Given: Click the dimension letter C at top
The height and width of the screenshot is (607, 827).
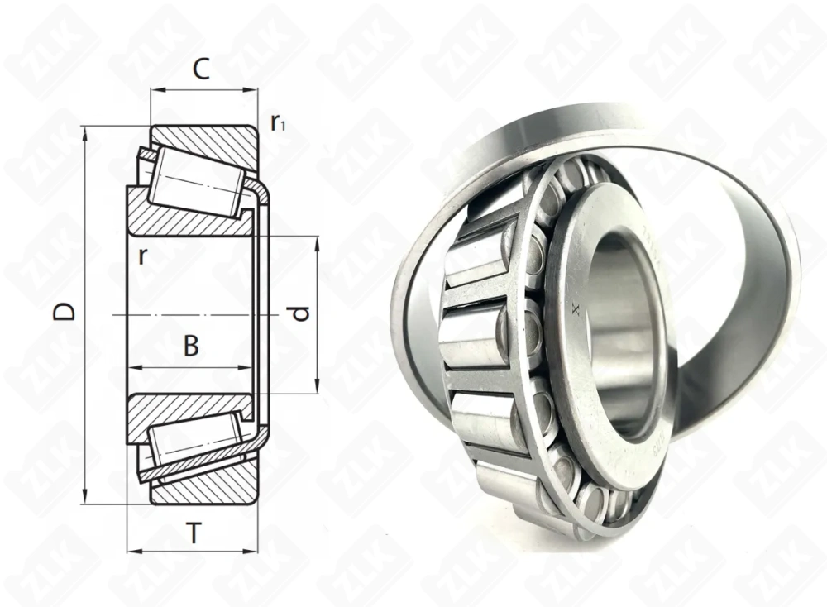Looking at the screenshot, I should point(200,70).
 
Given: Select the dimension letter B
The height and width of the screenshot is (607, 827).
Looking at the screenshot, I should point(191,346).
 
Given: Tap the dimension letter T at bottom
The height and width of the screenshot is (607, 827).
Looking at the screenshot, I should point(194,535).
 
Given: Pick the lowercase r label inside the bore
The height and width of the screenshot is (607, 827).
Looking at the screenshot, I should point(142,256).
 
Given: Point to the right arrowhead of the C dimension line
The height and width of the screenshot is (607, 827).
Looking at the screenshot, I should point(253,90).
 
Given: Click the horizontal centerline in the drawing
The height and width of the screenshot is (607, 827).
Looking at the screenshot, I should point(190,315).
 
